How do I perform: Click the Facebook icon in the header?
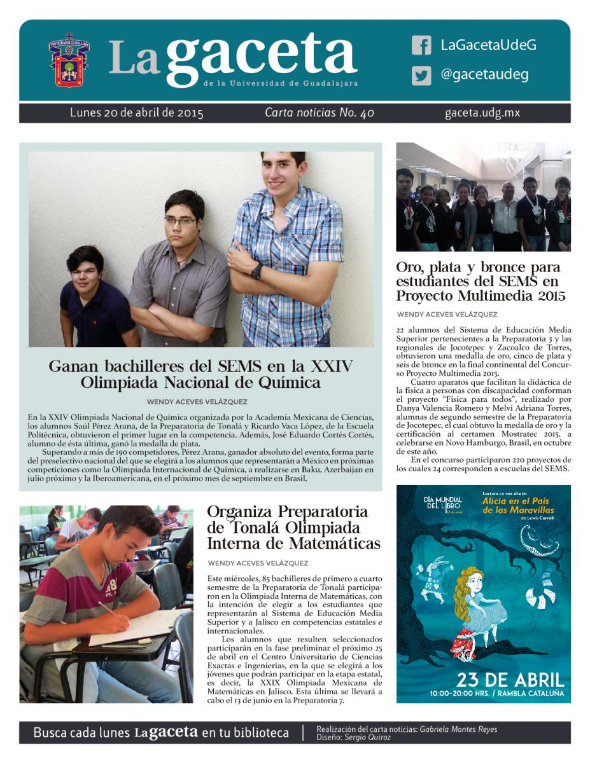point(421,45)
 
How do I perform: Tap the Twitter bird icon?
point(421,76)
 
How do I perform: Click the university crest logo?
point(69,62)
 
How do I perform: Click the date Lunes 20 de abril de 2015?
point(137,113)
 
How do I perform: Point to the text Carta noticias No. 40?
point(320,113)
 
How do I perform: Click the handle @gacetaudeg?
point(484,75)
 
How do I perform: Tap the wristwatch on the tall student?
point(256,272)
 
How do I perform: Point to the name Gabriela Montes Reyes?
point(459,729)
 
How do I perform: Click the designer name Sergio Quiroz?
point(368,738)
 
